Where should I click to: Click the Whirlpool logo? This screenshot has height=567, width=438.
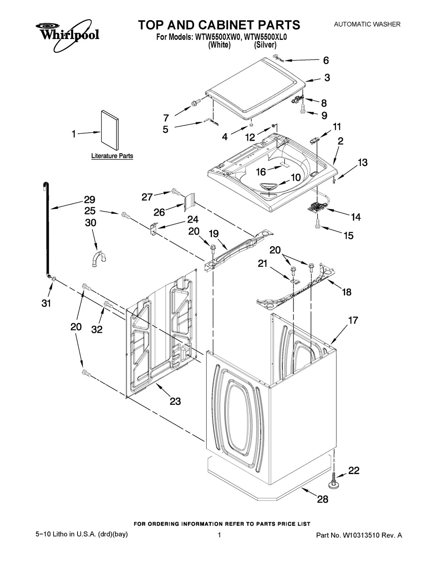(67, 36)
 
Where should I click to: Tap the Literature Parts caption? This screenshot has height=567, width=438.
(112, 156)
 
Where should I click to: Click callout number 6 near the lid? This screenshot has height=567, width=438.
(326, 60)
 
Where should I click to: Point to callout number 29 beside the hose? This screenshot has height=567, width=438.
(89, 200)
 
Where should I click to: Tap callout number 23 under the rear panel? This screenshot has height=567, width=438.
(175, 401)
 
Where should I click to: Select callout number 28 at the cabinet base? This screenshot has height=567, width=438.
(322, 499)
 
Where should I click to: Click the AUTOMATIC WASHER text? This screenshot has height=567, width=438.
(367, 24)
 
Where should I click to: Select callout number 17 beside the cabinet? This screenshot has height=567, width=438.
(353, 320)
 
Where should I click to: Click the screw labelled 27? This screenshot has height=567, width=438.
(176, 192)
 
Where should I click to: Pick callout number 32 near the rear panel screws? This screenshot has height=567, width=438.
(97, 330)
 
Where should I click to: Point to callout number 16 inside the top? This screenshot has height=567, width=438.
(261, 172)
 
